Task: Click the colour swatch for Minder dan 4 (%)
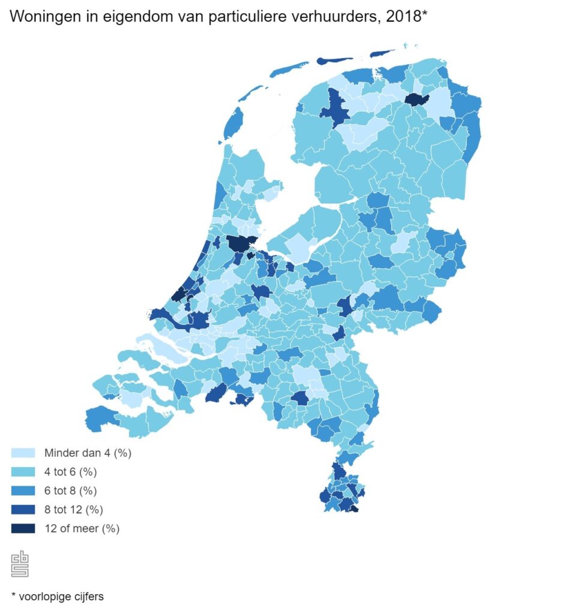coord(23,453)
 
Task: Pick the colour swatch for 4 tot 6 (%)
coord(23,472)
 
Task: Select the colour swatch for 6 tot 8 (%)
coord(23,491)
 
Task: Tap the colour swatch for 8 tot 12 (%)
coord(23,510)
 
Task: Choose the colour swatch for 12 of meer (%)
coord(23,529)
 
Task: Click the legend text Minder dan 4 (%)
coord(88,453)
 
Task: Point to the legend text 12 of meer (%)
coord(82,529)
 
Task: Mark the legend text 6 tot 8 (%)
coord(70,491)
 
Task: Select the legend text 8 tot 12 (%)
coord(73,510)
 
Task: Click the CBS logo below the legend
coord(20,564)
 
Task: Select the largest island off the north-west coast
coord(233,122)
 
